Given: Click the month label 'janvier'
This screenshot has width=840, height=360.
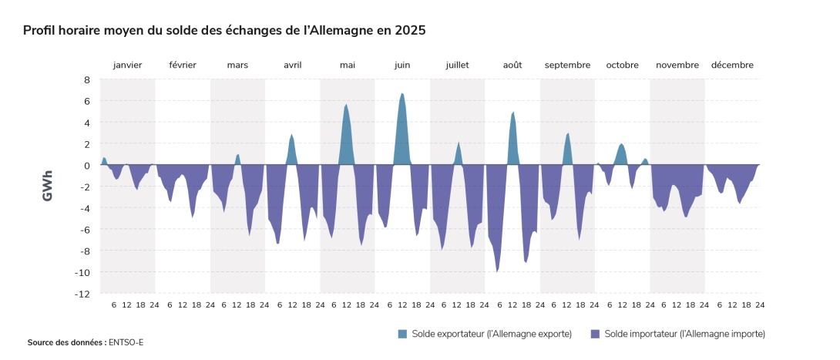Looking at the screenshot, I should [127, 65].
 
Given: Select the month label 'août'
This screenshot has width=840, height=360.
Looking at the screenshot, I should [512, 65].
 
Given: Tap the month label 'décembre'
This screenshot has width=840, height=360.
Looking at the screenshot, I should [732, 65].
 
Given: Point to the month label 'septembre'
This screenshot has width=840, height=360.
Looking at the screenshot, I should [567, 65].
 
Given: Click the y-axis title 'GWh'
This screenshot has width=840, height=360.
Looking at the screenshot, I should [48, 186].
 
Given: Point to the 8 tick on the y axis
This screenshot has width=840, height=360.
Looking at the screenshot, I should [86, 79].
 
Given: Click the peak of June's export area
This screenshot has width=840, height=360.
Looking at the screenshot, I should [402, 94].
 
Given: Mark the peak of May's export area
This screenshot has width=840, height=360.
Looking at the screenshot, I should [346, 105].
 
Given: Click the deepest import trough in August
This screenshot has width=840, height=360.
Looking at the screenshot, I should [498, 271].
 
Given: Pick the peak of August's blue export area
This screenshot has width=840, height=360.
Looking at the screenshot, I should [512, 113].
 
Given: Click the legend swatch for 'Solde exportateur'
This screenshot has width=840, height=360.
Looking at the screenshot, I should [402, 334].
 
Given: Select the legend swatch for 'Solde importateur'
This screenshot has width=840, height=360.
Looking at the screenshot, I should [594, 334].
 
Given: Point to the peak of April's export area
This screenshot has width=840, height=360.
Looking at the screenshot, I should [291, 135].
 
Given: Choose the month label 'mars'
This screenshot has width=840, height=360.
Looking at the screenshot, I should [237, 65].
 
